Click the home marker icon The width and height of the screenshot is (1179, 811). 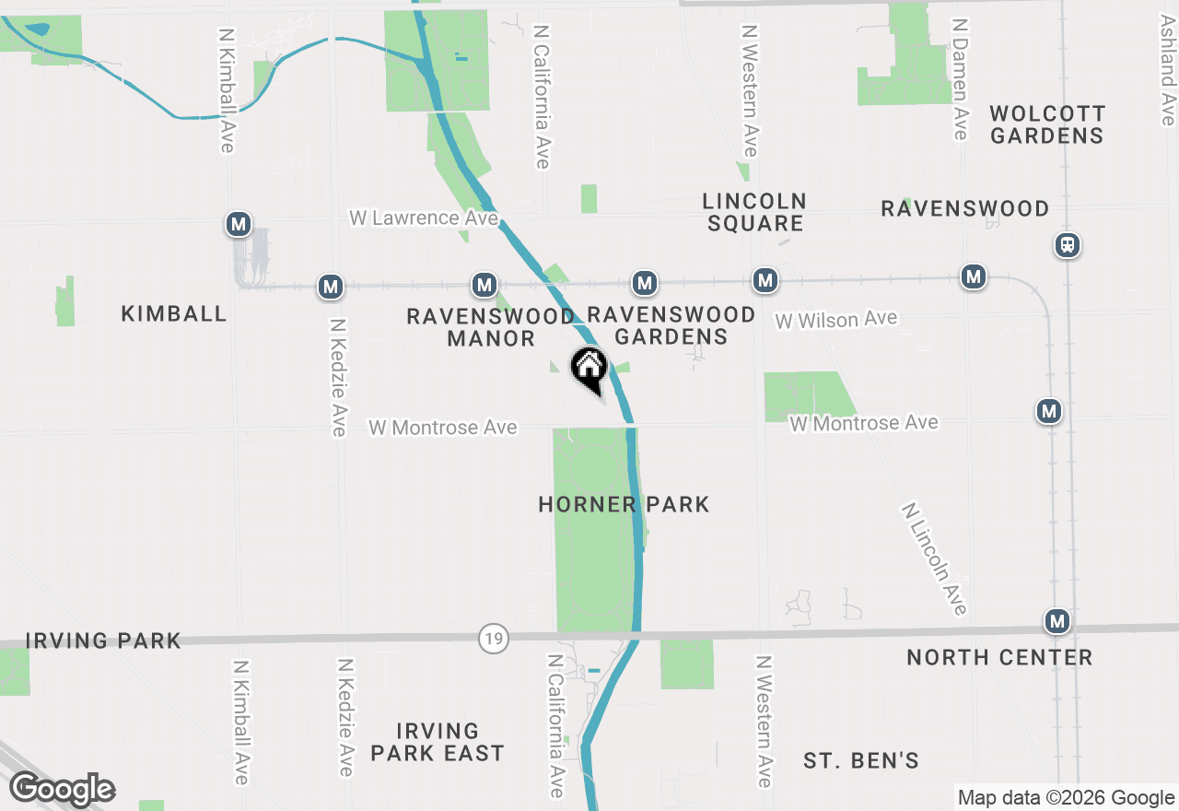[x=589, y=369]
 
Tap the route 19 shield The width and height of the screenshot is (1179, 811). [x=495, y=638]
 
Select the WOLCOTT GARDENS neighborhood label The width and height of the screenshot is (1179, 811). [x=1046, y=124]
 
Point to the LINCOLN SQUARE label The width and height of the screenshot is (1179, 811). [x=754, y=212]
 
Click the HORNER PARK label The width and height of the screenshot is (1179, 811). [x=624, y=505]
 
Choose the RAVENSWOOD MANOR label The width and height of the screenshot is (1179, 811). [x=491, y=327]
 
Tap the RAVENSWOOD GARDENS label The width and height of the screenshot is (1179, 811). [x=671, y=326]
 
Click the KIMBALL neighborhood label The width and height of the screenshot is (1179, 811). [x=174, y=314]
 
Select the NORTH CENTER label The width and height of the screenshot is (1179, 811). [x=999, y=658]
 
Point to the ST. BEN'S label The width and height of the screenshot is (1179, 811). [x=861, y=761]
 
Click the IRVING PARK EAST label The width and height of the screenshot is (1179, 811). [x=438, y=742]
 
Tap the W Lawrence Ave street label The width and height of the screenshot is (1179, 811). [x=424, y=218]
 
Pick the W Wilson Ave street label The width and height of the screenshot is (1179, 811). [x=835, y=320]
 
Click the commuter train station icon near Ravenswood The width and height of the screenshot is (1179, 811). [x=1068, y=245]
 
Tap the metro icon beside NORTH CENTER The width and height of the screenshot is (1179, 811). [x=1057, y=622]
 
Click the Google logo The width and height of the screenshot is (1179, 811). [x=62, y=790]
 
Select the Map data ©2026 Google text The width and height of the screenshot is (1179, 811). [x=1066, y=798]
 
